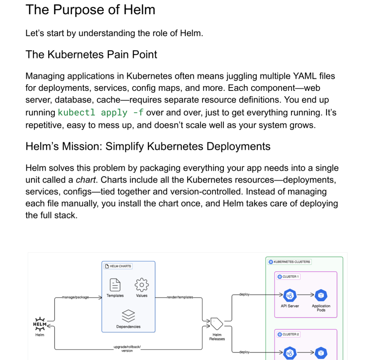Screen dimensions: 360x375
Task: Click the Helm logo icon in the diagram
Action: [40, 324]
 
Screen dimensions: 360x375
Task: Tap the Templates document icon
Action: [115, 285]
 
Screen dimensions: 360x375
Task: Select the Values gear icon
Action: [142, 285]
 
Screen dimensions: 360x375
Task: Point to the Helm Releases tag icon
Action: [217, 323]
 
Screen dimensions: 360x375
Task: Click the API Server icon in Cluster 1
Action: [290, 296]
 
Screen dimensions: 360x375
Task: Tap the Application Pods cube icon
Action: [321, 296]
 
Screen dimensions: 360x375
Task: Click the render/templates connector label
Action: [180, 297]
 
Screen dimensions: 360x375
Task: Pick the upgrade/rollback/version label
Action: [127, 349]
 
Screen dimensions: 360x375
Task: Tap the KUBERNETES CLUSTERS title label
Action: [292, 262]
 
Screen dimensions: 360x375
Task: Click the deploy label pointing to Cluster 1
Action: [244, 294]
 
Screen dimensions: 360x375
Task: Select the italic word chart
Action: [86, 180]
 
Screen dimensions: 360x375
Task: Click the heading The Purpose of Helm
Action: [90, 10]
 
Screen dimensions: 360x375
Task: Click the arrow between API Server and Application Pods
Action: [305, 296]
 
